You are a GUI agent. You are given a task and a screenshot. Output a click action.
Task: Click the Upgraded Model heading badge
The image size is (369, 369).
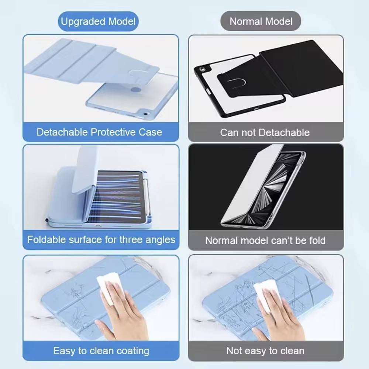98,21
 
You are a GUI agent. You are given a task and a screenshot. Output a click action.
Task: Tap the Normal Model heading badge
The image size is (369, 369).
261,21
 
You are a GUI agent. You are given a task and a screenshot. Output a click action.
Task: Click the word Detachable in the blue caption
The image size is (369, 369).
62,132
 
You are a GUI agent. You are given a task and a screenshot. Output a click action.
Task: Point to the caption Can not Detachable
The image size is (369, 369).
265,132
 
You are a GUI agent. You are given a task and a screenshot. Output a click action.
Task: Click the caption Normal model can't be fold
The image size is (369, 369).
265,241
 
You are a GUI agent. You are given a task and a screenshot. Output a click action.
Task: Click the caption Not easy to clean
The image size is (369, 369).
265,351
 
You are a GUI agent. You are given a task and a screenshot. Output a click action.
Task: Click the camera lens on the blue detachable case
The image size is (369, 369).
145,114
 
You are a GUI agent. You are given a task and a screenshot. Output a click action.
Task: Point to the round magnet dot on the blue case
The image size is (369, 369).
136,90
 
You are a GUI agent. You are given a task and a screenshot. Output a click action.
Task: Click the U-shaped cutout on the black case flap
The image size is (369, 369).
237,82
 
